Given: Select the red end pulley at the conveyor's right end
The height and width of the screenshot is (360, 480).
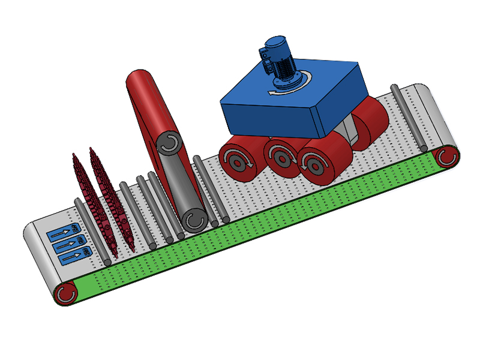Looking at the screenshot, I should [x=447, y=157].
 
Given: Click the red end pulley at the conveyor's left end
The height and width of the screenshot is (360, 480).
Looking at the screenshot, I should [x=64, y=293].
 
